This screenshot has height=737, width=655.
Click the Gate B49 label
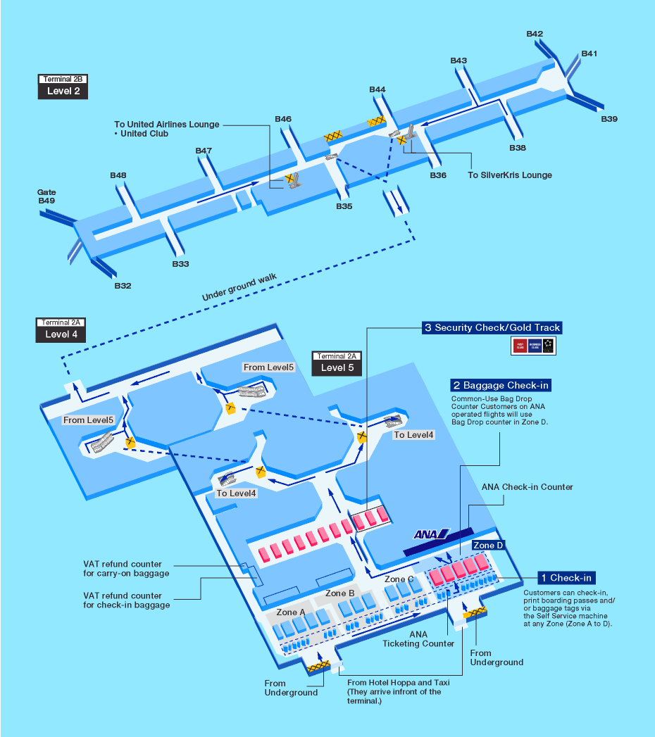(47, 196)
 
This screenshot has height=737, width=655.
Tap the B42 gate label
(535, 34)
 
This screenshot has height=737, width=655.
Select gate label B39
(609, 119)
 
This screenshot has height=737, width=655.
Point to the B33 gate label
(181, 264)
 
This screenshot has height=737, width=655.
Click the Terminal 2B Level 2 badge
(63, 86)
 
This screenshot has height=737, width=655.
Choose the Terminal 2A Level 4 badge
(61, 329)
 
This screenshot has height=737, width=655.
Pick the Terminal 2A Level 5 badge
(337, 363)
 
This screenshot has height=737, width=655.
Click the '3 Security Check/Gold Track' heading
(492, 327)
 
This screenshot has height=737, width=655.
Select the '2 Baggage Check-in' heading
(501, 385)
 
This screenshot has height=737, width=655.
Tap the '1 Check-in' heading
(567, 578)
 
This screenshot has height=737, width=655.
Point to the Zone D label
(488, 546)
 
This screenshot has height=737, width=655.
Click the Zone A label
(291, 612)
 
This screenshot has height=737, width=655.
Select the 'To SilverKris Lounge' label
(510, 175)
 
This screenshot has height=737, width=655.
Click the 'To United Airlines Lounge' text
(167, 125)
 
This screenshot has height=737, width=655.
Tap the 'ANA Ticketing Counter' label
(418, 638)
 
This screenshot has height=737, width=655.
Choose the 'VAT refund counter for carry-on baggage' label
(126, 569)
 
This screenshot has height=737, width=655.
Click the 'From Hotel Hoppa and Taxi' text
(398, 682)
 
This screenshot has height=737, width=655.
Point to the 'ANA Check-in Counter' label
(527, 486)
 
